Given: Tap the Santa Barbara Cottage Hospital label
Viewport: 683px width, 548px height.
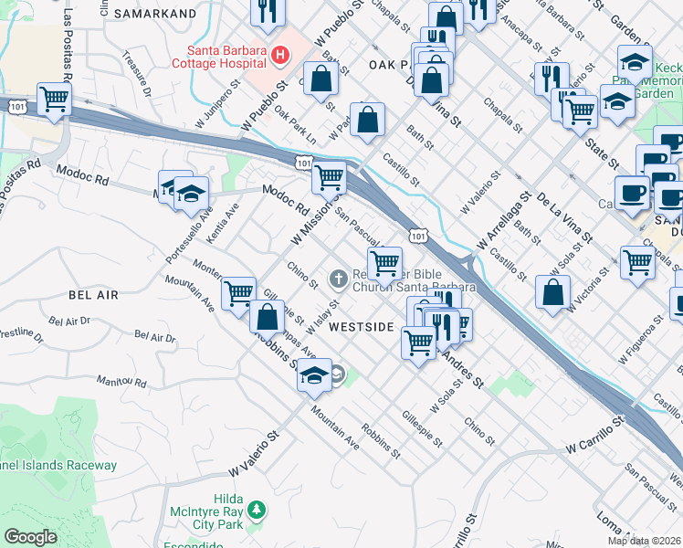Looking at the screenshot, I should tap(226, 57).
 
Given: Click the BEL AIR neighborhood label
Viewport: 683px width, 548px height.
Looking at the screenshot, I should tap(93, 296).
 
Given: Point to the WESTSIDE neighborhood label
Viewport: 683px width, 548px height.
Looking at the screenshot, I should tap(361, 327).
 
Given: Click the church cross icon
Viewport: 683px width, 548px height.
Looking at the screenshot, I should tap(338, 277).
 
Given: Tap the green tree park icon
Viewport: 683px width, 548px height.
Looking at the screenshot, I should tap(257, 510).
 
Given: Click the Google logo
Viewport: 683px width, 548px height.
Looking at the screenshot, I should tap(30, 537).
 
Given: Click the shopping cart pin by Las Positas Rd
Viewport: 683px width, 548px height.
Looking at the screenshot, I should tap(54, 99).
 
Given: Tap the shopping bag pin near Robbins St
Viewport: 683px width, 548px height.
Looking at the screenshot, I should tap(267, 319).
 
